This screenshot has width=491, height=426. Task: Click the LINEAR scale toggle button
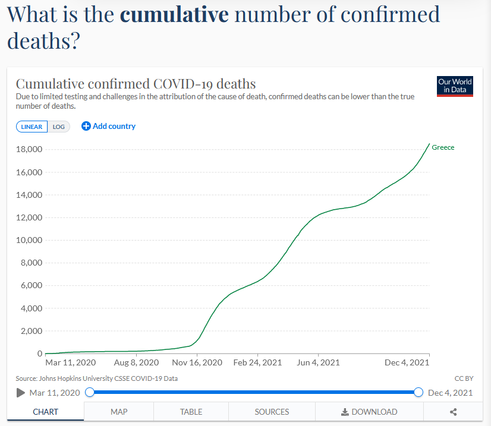(32, 127)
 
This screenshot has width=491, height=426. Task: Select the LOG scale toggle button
(59, 127)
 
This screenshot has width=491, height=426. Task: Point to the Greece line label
(443, 147)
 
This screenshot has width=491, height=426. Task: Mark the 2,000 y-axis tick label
(27, 331)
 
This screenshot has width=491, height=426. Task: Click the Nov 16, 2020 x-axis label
(197, 362)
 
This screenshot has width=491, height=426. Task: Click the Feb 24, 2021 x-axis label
(257, 362)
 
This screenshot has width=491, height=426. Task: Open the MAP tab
(119, 412)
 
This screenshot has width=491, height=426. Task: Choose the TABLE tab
(191, 412)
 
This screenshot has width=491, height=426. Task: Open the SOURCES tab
(272, 412)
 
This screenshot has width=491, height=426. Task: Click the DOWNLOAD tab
(369, 412)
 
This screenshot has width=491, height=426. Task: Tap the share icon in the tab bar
(453, 412)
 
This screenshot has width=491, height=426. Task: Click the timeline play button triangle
(21, 392)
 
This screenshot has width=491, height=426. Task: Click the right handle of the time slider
(418, 392)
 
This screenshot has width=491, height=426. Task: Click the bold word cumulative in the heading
(174, 14)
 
